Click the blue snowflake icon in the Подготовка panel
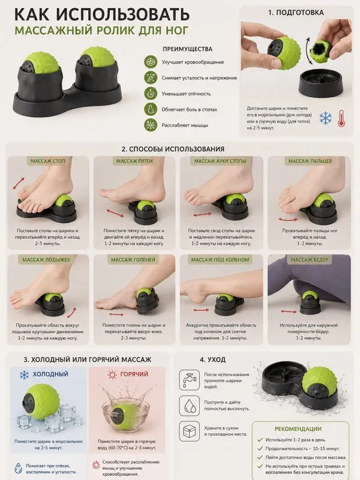tap(325, 118)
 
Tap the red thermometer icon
tap(341, 118)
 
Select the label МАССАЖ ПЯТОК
tap(135, 161)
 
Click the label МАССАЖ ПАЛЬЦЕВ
tap(310, 161)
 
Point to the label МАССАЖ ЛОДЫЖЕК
tap(46, 260)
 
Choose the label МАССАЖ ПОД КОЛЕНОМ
tap(220, 260)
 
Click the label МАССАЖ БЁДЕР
tap(309, 260)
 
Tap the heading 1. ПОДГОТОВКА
tap(296, 13)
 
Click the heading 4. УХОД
tap(213, 359)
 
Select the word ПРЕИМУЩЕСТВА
tap(187, 49)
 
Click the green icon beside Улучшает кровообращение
tap(151, 62)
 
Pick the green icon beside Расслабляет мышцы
tap(151, 125)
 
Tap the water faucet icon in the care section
tap(190, 380)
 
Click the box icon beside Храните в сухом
tap(190, 431)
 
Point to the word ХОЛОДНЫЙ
tap(50, 374)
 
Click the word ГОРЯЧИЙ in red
tap(134, 374)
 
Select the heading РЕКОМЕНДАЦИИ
tap(298, 429)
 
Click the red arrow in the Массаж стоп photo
tap(19, 184)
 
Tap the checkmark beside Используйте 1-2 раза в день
tap(260, 440)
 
